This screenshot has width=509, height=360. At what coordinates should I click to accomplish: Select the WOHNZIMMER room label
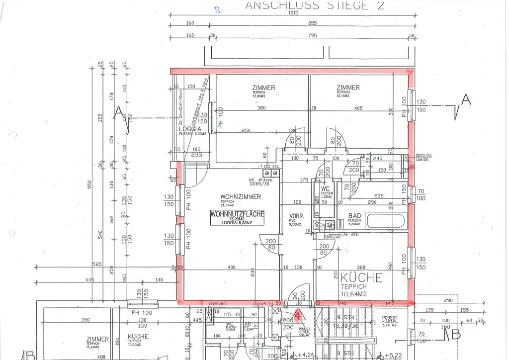237,197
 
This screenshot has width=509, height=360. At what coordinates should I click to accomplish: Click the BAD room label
354,215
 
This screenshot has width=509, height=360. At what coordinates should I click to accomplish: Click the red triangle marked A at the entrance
298,314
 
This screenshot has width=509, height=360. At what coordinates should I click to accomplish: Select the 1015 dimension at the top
293,13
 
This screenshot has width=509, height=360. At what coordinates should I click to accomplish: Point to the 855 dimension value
312,23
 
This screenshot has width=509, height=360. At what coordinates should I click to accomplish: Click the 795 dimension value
312,35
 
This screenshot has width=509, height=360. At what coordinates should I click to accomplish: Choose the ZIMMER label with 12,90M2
263,88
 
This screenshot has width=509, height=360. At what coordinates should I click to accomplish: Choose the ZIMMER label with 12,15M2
347,88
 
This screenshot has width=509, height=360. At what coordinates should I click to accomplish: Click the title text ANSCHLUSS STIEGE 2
314,5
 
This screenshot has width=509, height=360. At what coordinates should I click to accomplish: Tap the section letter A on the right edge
466,100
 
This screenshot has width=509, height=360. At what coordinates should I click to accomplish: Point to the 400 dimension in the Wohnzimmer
231,268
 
